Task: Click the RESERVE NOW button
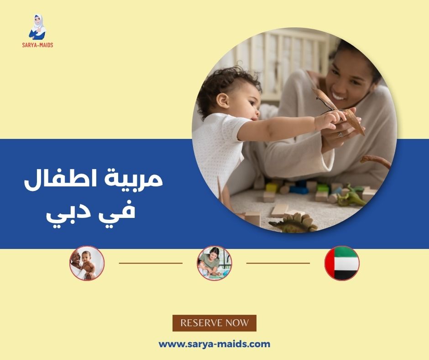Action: coord(214,323)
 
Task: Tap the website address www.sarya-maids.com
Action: coord(214,344)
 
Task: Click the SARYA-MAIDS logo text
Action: coord(37,45)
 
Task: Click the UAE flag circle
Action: coord(342,263)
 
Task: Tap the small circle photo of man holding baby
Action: coord(87,263)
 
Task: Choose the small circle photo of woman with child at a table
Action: coord(214,263)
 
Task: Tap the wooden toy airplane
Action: coord(340,110)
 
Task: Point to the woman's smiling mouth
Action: coord(340,96)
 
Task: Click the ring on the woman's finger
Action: coord(340,134)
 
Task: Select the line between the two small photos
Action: coord(151,263)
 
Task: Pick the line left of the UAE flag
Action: coord(278,263)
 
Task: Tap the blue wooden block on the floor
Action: coord(299,189)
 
